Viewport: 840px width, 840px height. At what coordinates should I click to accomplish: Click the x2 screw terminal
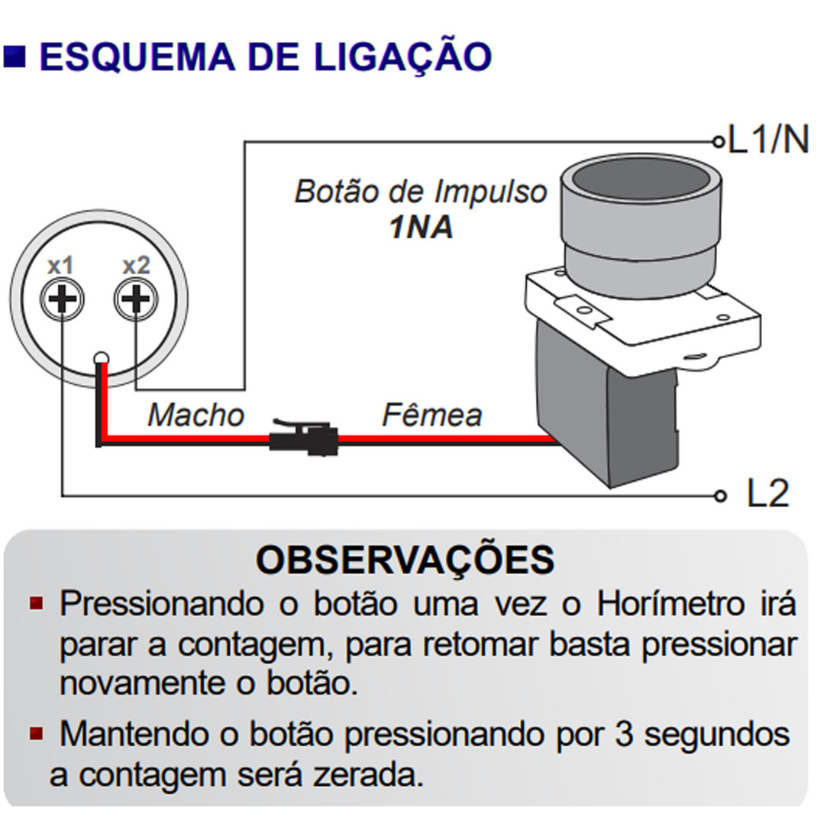coord(136,299)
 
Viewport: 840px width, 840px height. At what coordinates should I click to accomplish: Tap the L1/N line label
coord(768,140)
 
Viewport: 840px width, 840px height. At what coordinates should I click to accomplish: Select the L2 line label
coord(767,495)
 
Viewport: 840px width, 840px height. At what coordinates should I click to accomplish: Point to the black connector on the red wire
coord(301,439)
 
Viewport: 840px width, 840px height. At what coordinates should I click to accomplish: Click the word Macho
coord(195,415)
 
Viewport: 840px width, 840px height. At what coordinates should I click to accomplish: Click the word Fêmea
coord(431,415)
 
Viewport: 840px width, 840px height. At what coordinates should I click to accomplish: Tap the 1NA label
coord(421,228)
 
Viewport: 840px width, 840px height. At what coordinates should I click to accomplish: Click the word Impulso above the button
coord(490,192)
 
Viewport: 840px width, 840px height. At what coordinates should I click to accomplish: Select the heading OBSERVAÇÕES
coord(405,560)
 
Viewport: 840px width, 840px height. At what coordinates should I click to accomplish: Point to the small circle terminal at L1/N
coord(717,141)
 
